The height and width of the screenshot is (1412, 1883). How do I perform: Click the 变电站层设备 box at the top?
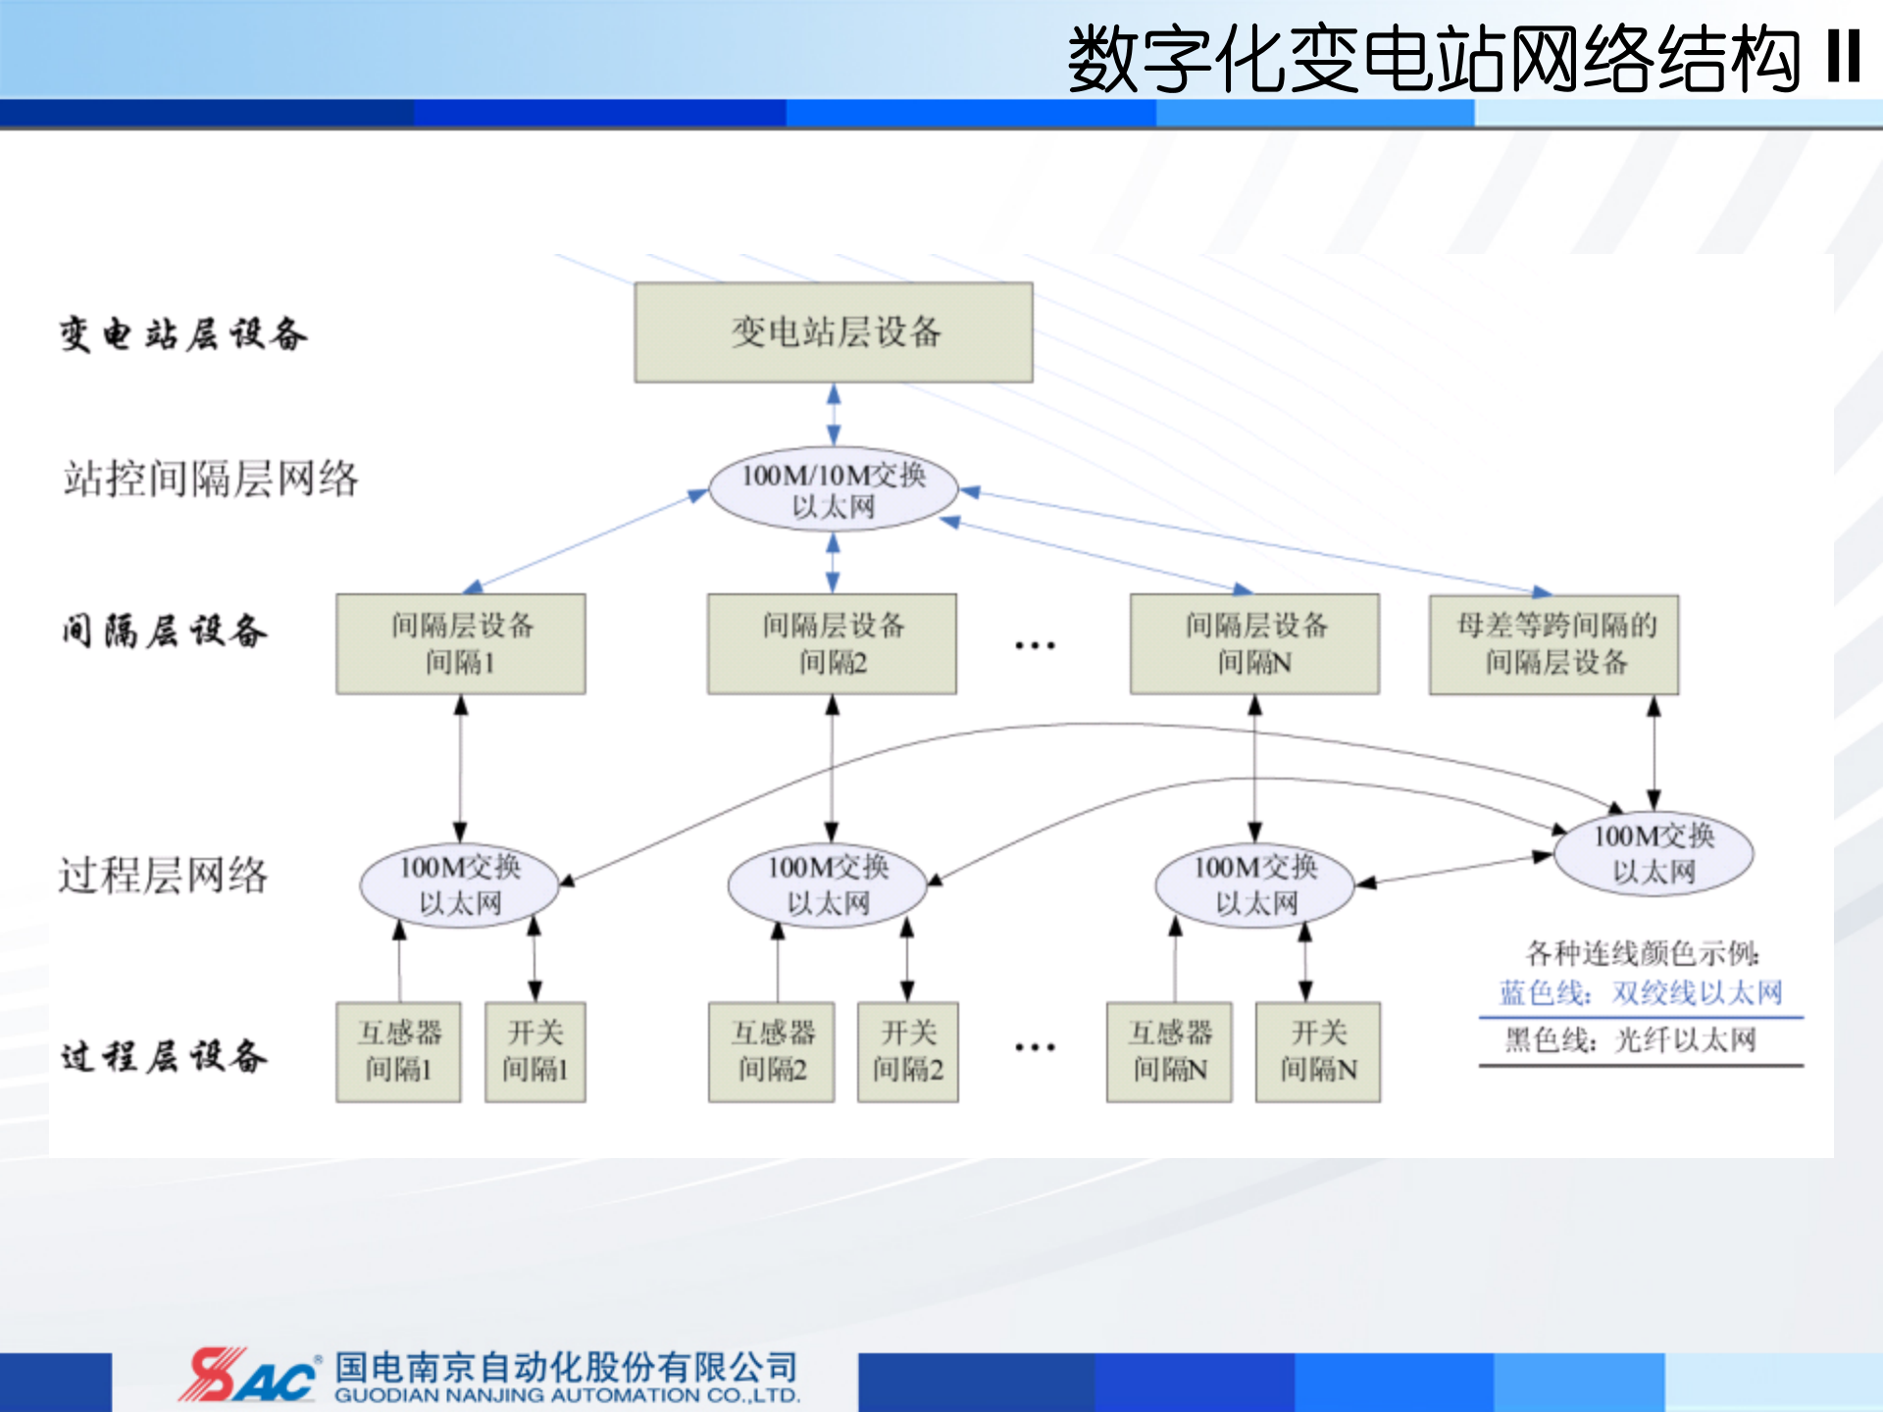[x=833, y=332]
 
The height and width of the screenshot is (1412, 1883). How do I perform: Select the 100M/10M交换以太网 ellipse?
[x=833, y=489]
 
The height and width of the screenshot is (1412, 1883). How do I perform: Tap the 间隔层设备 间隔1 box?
[x=460, y=644]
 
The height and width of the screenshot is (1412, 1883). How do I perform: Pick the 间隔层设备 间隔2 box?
[x=832, y=644]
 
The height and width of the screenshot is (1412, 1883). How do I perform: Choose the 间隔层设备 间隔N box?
[x=1254, y=644]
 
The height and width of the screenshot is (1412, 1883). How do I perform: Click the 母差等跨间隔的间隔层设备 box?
[x=1554, y=644]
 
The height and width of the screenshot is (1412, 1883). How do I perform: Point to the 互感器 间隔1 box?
[x=398, y=1051]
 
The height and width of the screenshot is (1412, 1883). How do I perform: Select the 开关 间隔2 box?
[x=907, y=1051]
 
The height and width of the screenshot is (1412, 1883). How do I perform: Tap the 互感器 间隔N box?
[x=1169, y=1051]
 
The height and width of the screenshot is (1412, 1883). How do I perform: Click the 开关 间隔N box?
[x=1318, y=1051]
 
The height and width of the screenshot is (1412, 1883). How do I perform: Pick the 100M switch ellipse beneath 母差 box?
[x=1654, y=854]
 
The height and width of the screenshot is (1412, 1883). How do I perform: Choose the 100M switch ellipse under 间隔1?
[x=460, y=884]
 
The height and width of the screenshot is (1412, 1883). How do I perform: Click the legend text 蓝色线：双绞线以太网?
[x=1641, y=993]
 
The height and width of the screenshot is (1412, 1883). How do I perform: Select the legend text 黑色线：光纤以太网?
[x=1631, y=1039]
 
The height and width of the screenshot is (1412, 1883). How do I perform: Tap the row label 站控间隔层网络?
[x=211, y=479]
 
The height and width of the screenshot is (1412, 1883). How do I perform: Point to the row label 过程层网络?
[x=163, y=875]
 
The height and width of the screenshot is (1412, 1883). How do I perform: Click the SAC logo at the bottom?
[x=248, y=1375]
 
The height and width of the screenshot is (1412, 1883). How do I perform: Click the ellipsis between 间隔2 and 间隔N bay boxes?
[x=1035, y=645]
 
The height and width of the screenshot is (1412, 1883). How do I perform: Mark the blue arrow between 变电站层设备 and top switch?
[x=834, y=414]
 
